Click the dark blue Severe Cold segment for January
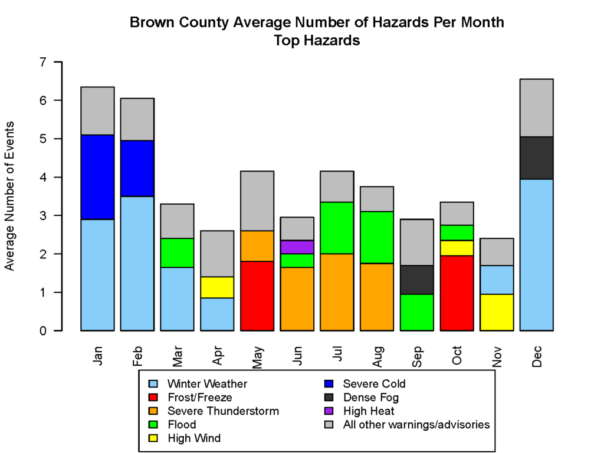[x=97, y=177]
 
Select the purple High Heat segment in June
[x=297, y=247]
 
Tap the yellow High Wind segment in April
[x=217, y=287]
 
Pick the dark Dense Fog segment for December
[x=536, y=158]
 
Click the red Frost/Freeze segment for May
[x=257, y=296]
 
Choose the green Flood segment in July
[x=337, y=228]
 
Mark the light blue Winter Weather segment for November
[x=497, y=280]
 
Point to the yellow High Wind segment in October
[x=457, y=248]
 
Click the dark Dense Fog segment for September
[x=416, y=280]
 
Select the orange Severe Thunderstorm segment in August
[x=377, y=297]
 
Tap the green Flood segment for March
[x=177, y=252]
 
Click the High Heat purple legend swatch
[x=330, y=411]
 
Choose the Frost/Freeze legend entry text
[x=200, y=398]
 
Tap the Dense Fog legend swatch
[x=330, y=398]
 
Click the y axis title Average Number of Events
[x=10, y=196]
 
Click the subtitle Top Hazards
[x=317, y=41]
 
